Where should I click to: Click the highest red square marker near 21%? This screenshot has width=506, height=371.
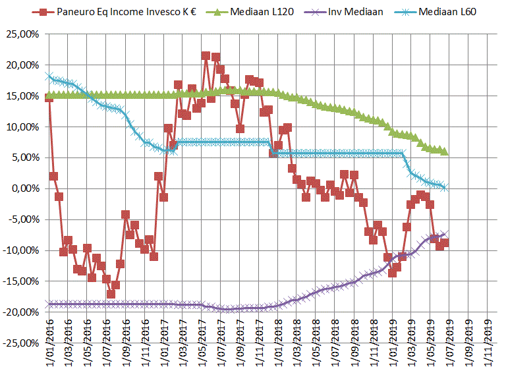206,56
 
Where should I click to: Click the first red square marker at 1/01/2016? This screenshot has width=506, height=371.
49,98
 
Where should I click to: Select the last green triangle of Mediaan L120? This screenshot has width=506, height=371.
445,152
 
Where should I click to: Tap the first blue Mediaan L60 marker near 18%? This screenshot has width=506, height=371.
49,76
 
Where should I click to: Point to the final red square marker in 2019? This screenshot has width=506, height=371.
445,243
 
